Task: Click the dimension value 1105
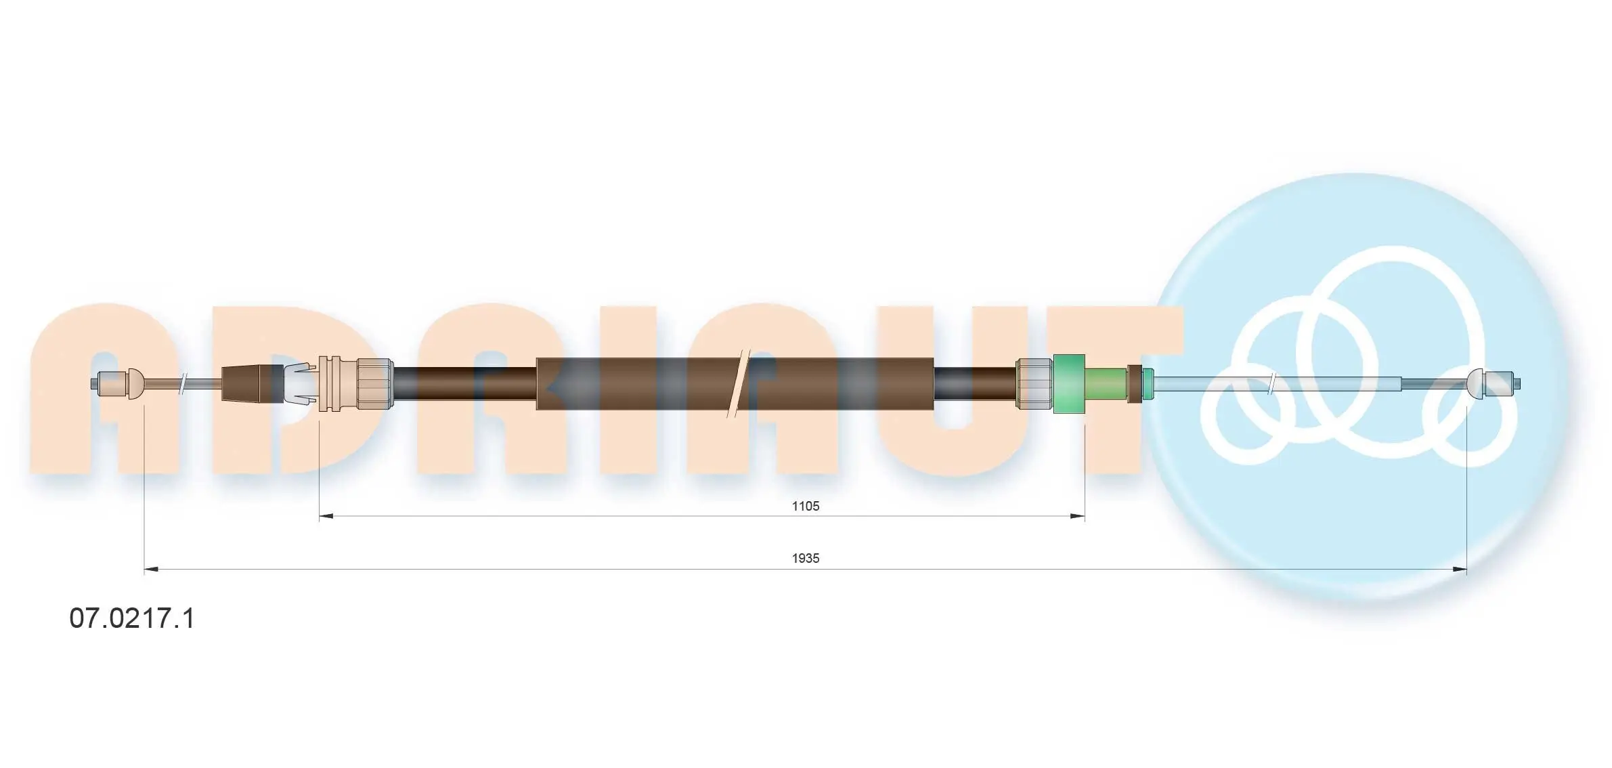805,506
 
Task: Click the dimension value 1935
805,558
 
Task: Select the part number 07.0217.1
132,618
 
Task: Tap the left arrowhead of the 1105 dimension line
326,516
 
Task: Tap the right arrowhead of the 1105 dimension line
1077,516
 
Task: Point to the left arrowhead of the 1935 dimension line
152,569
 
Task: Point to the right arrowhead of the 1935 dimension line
1459,569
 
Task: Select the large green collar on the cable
1069,383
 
